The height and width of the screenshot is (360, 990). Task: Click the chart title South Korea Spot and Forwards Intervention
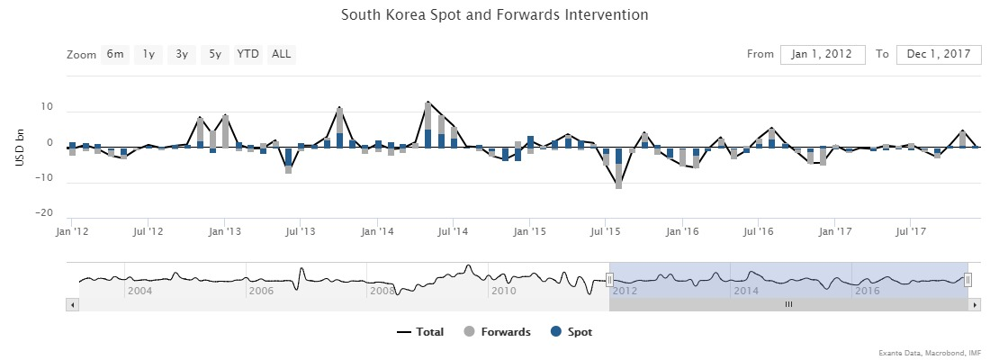tap(495, 15)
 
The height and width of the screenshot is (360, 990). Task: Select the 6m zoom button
tap(115, 54)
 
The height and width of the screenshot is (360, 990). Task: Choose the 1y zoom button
tap(148, 54)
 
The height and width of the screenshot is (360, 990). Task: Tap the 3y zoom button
tap(182, 54)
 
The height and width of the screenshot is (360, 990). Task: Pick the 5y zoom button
tap(215, 54)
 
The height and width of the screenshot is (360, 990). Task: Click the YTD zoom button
tap(247, 54)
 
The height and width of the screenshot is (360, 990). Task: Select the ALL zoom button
tap(282, 54)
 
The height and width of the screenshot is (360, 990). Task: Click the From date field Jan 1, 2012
tap(823, 54)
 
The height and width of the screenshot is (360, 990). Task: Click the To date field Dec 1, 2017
tap(939, 54)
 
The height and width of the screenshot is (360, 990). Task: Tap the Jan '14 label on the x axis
tap(377, 232)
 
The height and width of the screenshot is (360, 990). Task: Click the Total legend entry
tap(420, 332)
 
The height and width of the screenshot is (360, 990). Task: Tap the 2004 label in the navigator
tap(140, 291)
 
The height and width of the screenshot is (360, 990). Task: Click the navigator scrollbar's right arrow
tap(976, 305)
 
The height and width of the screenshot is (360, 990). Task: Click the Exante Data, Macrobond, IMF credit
tap(930, 352)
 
